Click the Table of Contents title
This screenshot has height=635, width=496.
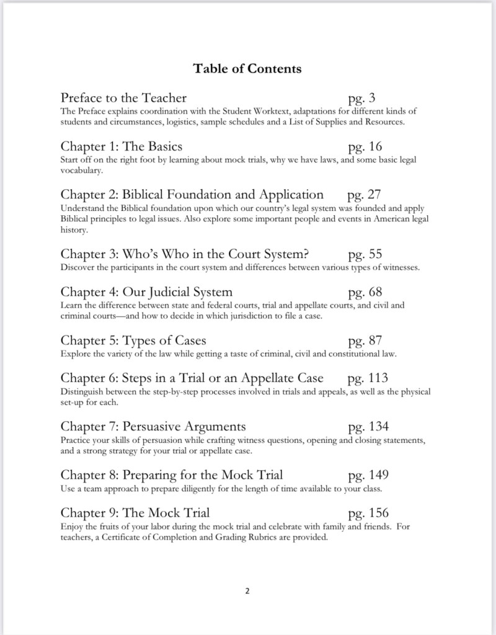[247, 68]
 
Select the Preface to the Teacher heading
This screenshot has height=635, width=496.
[123, 98]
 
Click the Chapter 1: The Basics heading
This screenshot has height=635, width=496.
[122, 147]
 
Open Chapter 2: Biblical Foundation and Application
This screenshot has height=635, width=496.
[192, 195]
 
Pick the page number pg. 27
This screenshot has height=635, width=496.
[365, 195]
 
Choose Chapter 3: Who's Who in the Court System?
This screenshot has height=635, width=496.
[185, 254]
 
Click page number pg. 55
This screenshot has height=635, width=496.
[365, 254]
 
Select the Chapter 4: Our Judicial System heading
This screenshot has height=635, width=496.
[146, 292]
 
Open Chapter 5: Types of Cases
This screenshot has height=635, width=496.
[133, 340]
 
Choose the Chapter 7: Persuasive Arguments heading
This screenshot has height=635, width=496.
[153, 427]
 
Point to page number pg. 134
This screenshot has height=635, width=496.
[368, 427]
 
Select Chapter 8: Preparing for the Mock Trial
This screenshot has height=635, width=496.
[172, 475]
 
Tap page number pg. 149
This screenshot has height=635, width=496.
[368, 475]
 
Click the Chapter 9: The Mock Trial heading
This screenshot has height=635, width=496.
[135, 513]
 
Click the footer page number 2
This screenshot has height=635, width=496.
[247, 591]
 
